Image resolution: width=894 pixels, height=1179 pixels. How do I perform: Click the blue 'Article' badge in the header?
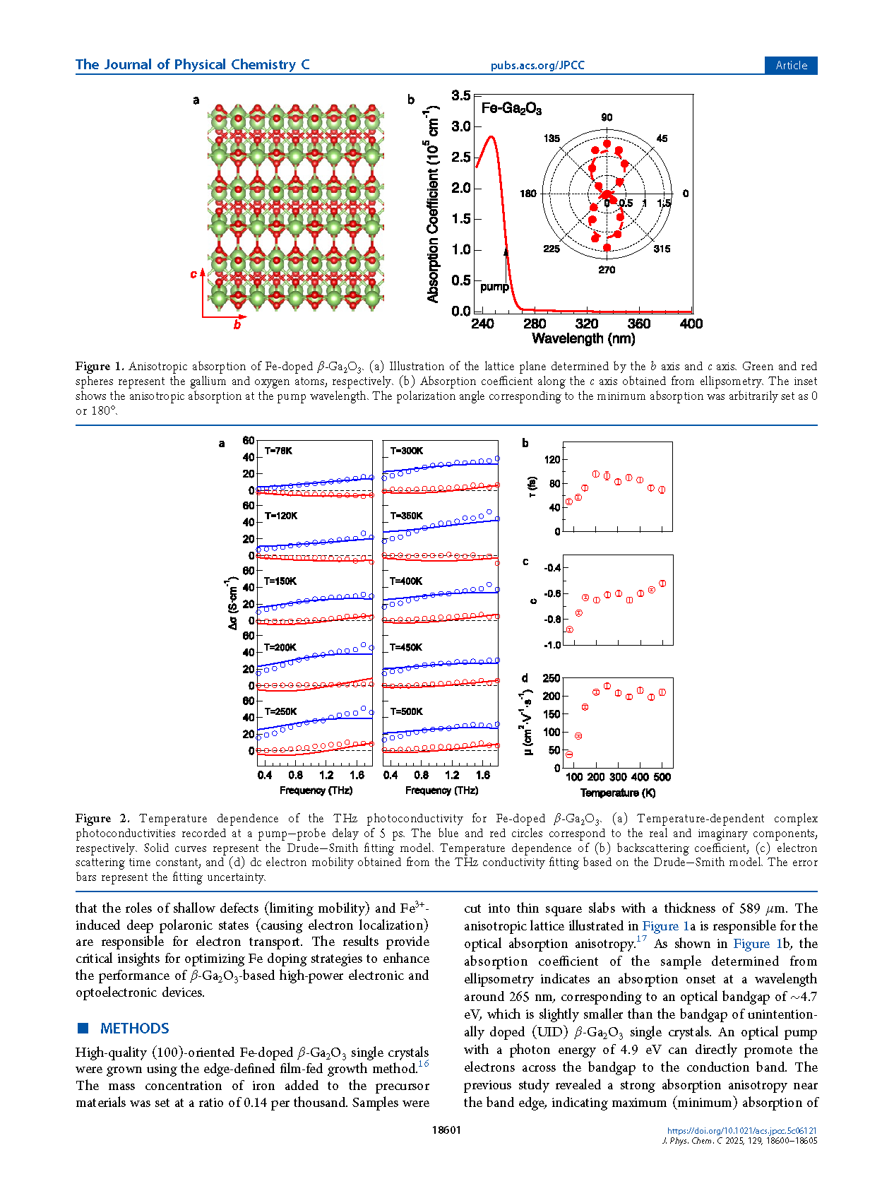point(791,65)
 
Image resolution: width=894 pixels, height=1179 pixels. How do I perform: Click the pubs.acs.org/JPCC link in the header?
point(537,66)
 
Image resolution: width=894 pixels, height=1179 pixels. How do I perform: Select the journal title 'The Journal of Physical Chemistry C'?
point(193,65)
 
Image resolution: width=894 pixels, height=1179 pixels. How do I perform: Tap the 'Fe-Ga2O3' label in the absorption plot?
point(511,109)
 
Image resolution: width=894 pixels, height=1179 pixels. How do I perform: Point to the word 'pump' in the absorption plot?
point(494,287)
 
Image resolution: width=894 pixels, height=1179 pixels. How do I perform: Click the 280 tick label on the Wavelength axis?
point(535,324)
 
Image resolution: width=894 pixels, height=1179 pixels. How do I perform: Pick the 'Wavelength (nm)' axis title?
point(583,339)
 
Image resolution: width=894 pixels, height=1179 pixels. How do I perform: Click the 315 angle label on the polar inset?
point(662,249)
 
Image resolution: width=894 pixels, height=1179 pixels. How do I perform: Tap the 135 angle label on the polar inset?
point(552,138)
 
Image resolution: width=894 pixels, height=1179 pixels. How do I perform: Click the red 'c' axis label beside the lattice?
point(193,274)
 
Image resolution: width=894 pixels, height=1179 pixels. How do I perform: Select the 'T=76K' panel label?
point(278,451)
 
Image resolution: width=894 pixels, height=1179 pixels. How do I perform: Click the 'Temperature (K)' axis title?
point(618,793)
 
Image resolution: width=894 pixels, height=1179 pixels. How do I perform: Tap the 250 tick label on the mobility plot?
point(551,678)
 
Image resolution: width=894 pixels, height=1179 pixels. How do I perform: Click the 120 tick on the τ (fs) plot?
point(552,459)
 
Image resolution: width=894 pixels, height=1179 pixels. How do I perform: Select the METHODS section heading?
point(134,1029)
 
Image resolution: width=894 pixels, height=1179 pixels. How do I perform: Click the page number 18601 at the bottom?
point(446,1130)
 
